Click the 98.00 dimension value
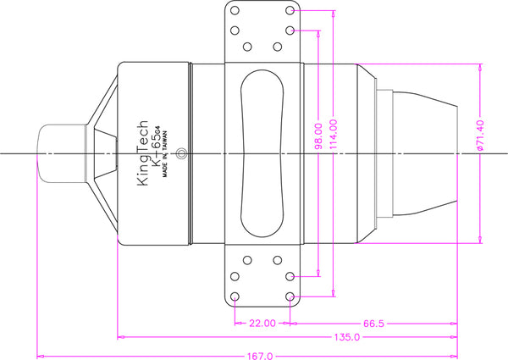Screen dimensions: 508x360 319,136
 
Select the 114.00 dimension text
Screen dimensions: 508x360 334,134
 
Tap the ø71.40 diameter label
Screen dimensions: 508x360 480,136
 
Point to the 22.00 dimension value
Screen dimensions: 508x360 262,323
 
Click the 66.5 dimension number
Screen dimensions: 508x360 373,324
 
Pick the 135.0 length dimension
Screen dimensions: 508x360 347,337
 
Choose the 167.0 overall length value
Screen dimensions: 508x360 260,356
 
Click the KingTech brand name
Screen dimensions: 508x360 142,153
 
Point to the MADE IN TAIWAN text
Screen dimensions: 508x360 165,154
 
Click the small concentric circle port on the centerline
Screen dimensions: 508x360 181,153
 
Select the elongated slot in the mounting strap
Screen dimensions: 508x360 262,153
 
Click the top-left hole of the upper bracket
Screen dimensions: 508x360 235,10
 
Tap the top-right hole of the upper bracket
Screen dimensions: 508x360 290,10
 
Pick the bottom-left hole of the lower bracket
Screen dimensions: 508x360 235,296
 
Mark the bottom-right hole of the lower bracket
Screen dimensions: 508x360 290,296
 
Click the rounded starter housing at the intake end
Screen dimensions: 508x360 62,153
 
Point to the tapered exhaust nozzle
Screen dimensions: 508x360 425,153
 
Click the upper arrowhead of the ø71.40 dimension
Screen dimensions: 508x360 480,68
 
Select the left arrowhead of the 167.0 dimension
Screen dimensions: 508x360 41,356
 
